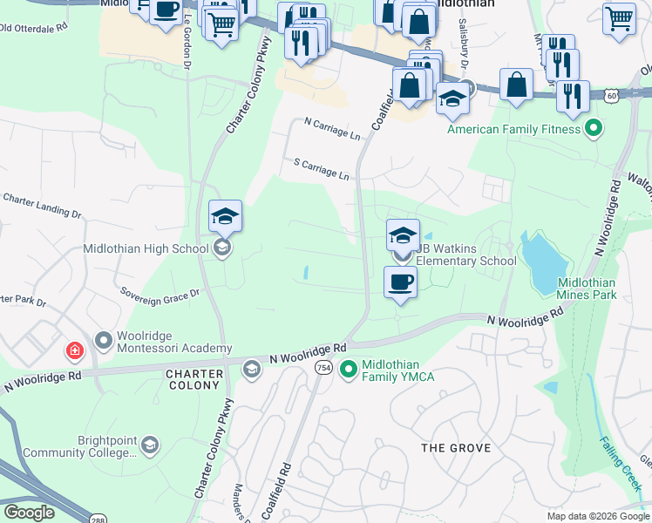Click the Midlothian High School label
(146, 248)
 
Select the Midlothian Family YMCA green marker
(349, 370)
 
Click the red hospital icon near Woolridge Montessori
(76, 350)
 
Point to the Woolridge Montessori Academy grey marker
(104, 340)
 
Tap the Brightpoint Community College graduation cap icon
(150, 446)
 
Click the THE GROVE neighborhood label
(456, 448)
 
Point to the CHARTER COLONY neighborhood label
(194, 379)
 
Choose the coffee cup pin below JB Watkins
(400, 283)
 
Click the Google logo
(30, 512)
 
